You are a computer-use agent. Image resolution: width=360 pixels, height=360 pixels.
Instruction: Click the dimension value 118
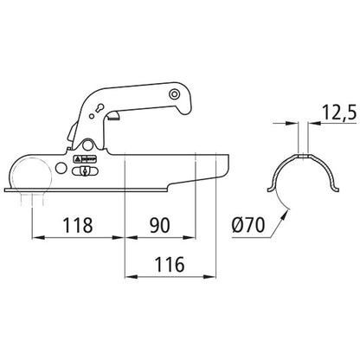coord(78,225)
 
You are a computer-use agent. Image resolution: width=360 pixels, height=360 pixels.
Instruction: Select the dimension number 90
coord(159,225)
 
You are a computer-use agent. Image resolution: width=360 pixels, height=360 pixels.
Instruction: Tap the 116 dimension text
coord(170,264)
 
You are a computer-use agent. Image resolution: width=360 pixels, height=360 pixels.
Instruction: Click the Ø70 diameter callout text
coord(248,225)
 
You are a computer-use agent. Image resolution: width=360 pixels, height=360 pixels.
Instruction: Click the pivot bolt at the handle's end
coord(174,93)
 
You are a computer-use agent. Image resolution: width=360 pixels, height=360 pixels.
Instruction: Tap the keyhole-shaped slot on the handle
coord(100,107)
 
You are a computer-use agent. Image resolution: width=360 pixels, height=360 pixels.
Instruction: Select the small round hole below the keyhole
coord(92,116)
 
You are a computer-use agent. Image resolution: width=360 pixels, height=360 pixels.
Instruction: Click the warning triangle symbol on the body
coord(78,159)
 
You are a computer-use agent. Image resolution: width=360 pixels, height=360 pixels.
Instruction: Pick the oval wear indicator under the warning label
coord(85,171)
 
